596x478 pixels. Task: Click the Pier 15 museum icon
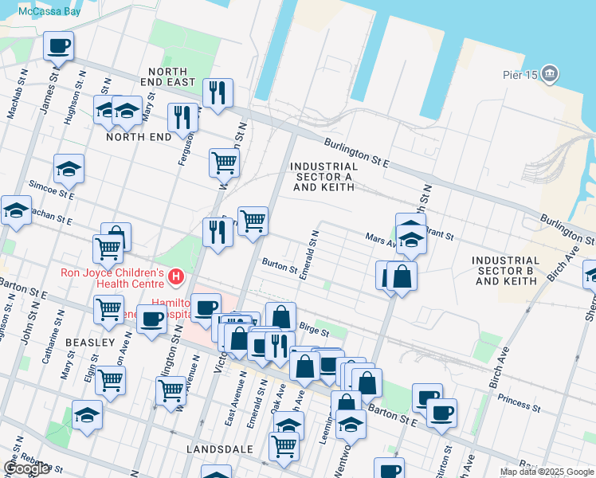[x=549, y=74]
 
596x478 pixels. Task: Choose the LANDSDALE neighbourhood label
[x=219, y=449]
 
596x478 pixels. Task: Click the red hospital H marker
[x=176, y=277]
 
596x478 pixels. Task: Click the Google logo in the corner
[x=25, y=468]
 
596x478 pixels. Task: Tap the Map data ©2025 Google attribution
[x=547, y=472]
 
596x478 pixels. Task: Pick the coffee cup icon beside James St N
[x=58, y=46]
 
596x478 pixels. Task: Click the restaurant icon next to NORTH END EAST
[x=217, y=93]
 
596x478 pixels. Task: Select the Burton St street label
[x=280, y=264]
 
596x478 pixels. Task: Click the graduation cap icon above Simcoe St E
[x=69, y=169]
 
